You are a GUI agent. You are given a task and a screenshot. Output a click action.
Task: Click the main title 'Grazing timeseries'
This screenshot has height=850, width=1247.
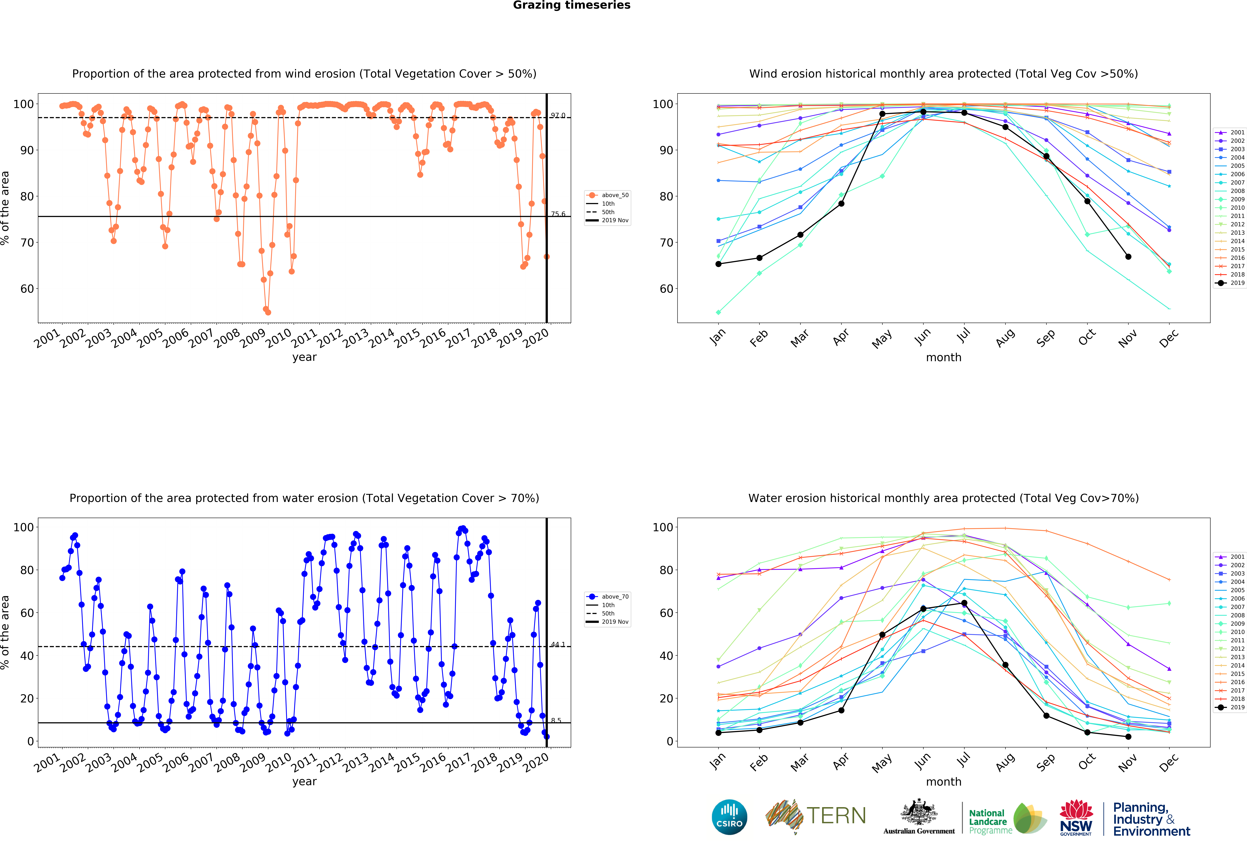[x=571, y=5]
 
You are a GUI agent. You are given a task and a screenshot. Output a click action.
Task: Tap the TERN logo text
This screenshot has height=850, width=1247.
[x=836, y=816]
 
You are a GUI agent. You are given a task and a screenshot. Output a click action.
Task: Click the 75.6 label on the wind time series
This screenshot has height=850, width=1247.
[x=558, y=214]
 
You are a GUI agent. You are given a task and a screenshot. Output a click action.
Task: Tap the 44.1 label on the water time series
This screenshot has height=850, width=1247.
[x=558, y=644]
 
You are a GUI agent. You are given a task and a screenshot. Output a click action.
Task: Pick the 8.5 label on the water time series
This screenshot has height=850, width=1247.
[x=556, y=721]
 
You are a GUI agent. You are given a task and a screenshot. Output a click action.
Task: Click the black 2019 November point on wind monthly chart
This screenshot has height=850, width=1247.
[x=1128, y=257]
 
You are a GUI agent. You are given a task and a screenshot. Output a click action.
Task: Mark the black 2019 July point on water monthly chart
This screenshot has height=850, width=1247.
[x=964, y=603]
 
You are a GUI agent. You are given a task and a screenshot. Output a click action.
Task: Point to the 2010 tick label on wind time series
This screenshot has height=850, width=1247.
[x=279, y=338]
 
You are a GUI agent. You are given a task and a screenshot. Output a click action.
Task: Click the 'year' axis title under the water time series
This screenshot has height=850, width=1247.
[x=304, y=781]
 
